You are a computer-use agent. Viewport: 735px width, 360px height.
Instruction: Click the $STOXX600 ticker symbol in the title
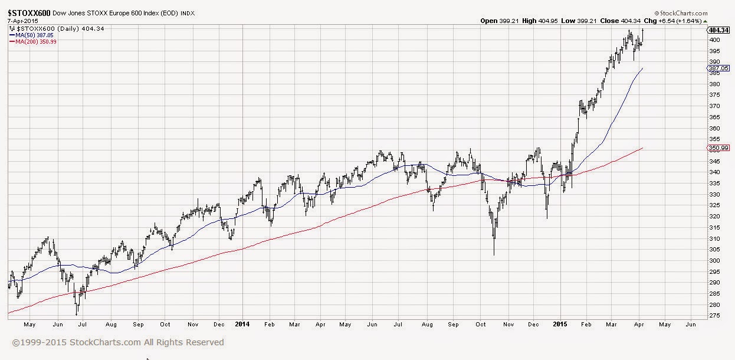coord(29,13)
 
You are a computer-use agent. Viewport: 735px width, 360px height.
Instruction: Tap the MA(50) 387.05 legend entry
coord(31,35)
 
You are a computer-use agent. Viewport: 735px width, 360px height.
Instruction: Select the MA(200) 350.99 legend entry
coord(33,42)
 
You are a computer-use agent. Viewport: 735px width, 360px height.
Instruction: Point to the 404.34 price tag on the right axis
coord(718,30)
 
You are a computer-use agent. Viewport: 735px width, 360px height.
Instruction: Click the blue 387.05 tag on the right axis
coord(718,68)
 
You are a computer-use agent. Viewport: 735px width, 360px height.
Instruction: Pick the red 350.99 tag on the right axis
coord(718,148)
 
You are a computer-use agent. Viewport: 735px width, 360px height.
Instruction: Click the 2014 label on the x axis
coord(242,324)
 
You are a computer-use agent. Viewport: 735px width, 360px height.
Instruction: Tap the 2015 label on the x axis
coord(560,324)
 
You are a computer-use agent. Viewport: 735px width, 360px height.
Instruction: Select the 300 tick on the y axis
coord(714,261)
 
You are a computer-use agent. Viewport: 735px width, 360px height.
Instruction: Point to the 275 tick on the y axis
coord(714,315)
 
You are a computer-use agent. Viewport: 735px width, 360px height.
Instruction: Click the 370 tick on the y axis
coord(714,106)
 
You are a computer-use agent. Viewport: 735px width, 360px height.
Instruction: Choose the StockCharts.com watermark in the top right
coord(681,13)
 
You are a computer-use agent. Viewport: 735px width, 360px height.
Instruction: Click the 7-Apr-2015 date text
coord(22,21)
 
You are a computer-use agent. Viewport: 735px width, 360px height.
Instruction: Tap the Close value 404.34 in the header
coord(631,21)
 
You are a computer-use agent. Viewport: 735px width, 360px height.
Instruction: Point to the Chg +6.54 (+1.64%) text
coord(672,21)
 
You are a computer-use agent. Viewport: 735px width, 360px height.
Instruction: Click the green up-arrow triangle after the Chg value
coord(705,21)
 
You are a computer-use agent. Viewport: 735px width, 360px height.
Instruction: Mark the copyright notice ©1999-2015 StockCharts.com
coord(118,342)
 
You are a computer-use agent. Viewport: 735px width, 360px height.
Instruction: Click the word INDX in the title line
coord(188,14)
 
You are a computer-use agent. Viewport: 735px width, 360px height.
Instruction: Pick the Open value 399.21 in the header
coord(509,21)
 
